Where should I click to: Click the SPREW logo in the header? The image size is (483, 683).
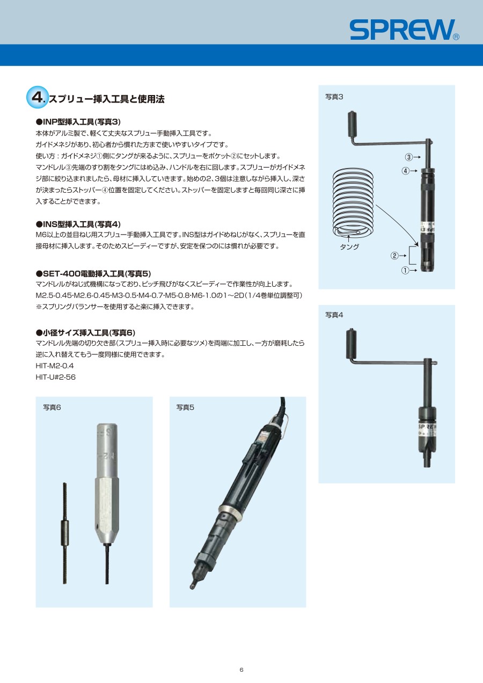click(x=405, y=30)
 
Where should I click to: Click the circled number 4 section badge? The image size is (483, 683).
click(x=38, y=97)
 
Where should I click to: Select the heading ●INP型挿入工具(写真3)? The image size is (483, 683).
click(x=78, y=122)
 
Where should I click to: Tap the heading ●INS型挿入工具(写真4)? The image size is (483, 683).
click(x=78, y=224)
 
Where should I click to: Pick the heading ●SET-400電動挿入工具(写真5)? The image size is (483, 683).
click(x=93, y=273)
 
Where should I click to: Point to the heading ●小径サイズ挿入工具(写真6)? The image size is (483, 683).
click(x=86, y=332)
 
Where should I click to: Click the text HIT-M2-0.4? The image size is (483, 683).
click(x=55, y=366)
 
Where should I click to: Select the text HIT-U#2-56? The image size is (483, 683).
click(x=55, y=377)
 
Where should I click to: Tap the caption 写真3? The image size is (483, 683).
click(x=334, y=97)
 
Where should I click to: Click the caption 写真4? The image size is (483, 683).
click(x=334, y=315)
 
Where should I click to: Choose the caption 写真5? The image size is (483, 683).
click(x=185, y=408)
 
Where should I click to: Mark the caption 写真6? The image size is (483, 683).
click(x=52, y=408)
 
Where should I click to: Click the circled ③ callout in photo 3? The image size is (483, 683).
click(x=408, y=157)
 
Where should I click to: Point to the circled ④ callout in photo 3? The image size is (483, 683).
click(x=405, y=171)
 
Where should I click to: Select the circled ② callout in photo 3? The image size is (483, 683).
click(x=394, y=256)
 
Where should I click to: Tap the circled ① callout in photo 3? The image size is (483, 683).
click(x=405, y=270)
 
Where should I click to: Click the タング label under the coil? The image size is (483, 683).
click(x=349, y=246)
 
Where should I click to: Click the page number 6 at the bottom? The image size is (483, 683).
click(x=241, y=670)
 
